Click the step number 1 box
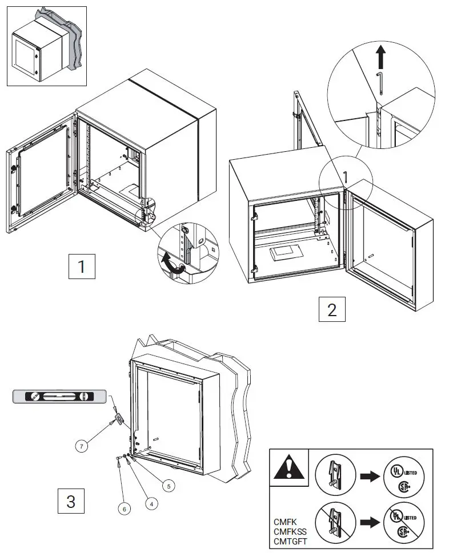click(x=82, y=267)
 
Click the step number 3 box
click(x=71, y=501)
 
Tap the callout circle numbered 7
click(x=83, y=446)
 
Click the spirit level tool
click(x=59, y=395)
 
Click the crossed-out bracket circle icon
click(x=336, y=522)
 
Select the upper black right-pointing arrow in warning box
click(x=370, y=477)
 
